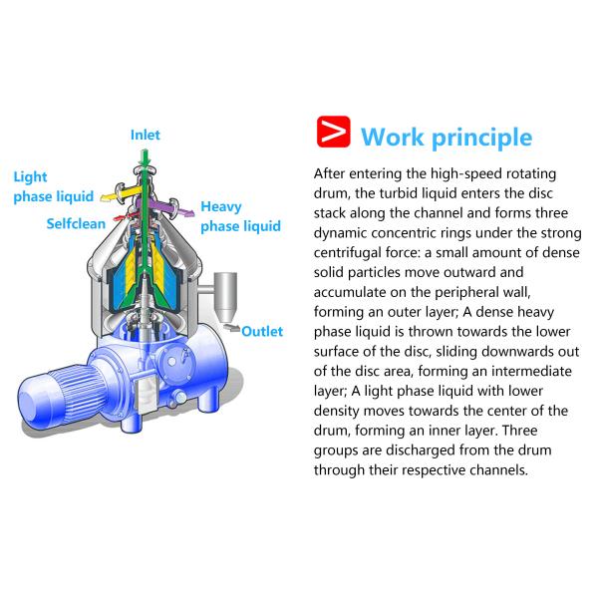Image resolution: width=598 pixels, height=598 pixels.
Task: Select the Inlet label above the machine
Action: tap(145, 135)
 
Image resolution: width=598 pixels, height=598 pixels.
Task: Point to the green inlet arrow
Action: tap(146, 160)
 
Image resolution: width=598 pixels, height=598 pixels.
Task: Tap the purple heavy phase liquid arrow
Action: tap(177, 207)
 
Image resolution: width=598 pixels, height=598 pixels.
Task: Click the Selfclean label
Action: tap(76, 223)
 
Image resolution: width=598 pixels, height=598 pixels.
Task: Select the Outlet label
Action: tap(262, 332)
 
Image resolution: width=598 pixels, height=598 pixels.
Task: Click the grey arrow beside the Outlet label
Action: tap(229, 329)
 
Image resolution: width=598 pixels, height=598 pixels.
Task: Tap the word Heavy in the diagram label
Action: tap(221, 207)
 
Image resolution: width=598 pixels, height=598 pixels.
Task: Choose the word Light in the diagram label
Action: tap(30, 177)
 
